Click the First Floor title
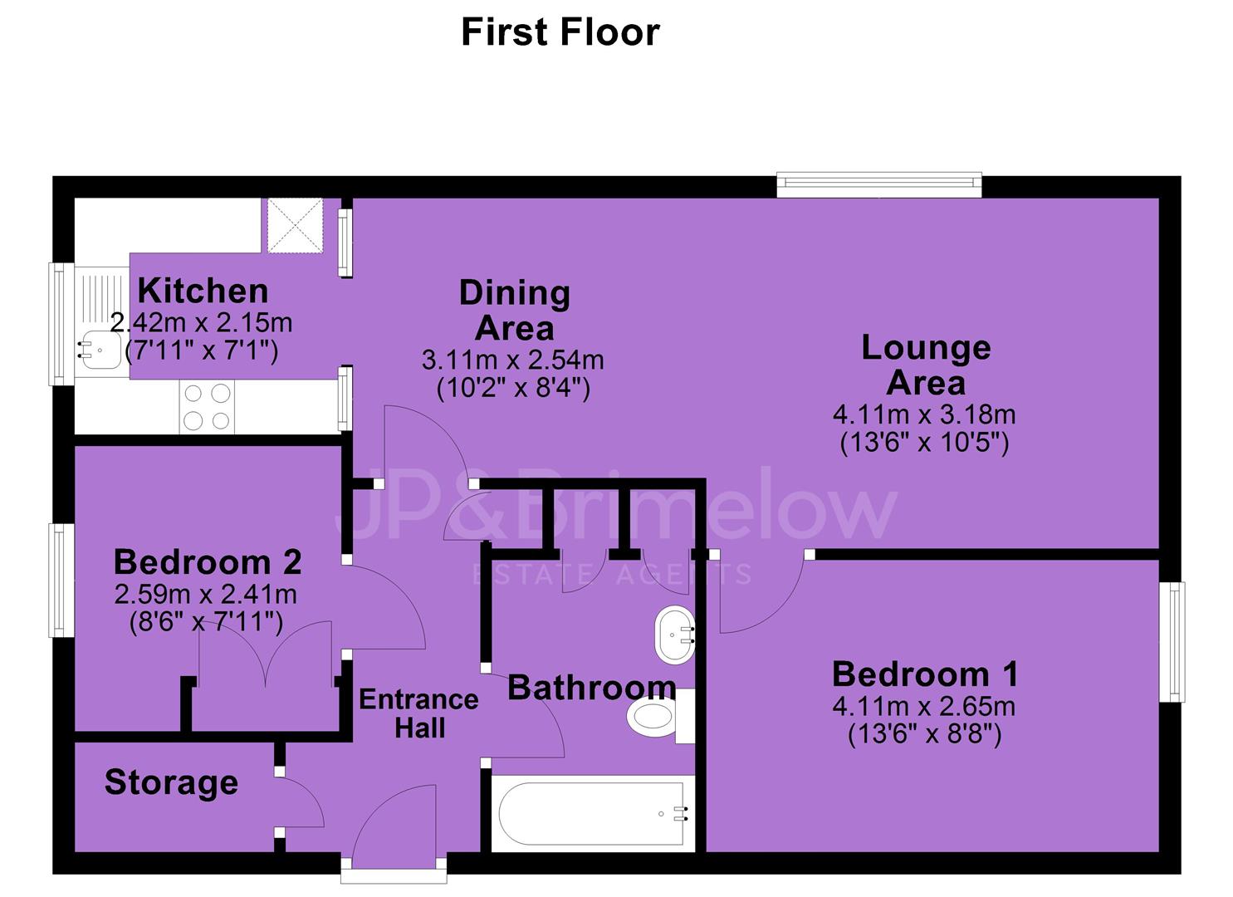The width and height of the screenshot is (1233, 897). [x=560, y=32]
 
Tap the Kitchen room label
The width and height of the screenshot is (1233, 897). [x=203, y=291]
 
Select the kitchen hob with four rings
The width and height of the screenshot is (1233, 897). [x=207, y=407]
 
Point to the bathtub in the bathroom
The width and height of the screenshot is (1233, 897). [x=593, y=813]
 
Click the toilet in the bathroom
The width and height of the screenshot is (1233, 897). [x=661, y=717]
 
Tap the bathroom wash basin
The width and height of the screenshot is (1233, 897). [x=674, y=635]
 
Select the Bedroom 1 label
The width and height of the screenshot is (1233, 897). [x=925, y=674]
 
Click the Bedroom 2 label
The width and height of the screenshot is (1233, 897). [x=208, y=562]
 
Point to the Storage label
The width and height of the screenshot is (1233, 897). [x=171, y=782]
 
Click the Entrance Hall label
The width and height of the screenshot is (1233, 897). [x=418, y=714]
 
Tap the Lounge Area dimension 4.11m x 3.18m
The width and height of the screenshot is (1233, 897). [x=924, y=414]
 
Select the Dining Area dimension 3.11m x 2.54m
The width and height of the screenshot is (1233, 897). [x=512, y=360]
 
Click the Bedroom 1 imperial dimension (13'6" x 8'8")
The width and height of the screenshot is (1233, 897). [x=925, y=733]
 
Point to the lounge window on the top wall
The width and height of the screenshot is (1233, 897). [x=879, y=185]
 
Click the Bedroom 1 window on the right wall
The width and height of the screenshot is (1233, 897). [x=1172, y=642]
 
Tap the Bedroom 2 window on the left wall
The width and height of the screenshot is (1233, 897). [x=61, y=581]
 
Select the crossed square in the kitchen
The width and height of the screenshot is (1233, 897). [x=295, y=226]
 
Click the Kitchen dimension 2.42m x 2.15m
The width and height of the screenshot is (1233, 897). [x=201, y=323]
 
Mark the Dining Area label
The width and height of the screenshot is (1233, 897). [x=515, y=311]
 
